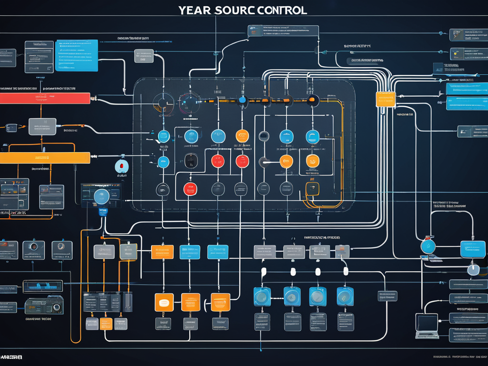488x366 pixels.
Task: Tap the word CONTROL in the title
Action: point(280,10)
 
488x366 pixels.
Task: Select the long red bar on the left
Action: point(45,98)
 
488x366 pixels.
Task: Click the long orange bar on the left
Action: point(45,158)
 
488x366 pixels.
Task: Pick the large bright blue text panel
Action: point(76,55)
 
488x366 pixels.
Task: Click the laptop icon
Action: point(427,325)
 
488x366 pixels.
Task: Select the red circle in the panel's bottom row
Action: point(190,189)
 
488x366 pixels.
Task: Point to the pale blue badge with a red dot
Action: point(122,166)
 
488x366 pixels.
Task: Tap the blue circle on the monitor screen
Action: point(102,196)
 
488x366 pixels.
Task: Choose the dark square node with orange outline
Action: point(312,189)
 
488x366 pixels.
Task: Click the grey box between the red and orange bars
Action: point(42,126)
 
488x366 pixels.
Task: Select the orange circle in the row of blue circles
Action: point(242,136)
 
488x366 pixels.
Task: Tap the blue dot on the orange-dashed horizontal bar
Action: point(242,100)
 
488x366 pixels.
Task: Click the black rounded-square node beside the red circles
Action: point(191,161)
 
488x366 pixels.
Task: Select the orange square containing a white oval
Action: point(164,302)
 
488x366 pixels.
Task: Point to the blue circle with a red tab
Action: point(428,245)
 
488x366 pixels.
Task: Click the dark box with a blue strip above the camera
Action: point(43,286)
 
